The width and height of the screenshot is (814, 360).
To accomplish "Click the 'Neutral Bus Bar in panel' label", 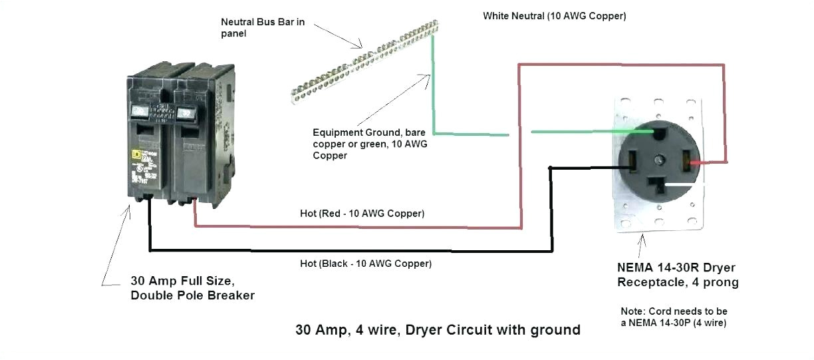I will tap(263, 27).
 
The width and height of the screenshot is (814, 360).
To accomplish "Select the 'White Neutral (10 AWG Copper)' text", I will tap(554, 16).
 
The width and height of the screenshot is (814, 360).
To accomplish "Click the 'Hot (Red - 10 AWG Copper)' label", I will tap(362, 214).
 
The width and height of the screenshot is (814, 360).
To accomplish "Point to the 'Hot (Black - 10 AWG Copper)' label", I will tap(365, 264).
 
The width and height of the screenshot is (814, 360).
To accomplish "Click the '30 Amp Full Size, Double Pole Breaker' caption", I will tap(192, 287).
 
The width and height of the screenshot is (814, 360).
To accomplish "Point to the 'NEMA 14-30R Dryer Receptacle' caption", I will tap(677, 275).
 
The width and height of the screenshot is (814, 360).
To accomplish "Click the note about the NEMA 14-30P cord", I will tap(673, 317).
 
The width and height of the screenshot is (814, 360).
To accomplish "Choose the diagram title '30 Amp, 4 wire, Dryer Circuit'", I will tap(438, 329).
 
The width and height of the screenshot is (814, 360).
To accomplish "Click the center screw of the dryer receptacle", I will tap(658, 160).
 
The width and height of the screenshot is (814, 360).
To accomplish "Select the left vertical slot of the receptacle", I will tap(629, 159).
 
